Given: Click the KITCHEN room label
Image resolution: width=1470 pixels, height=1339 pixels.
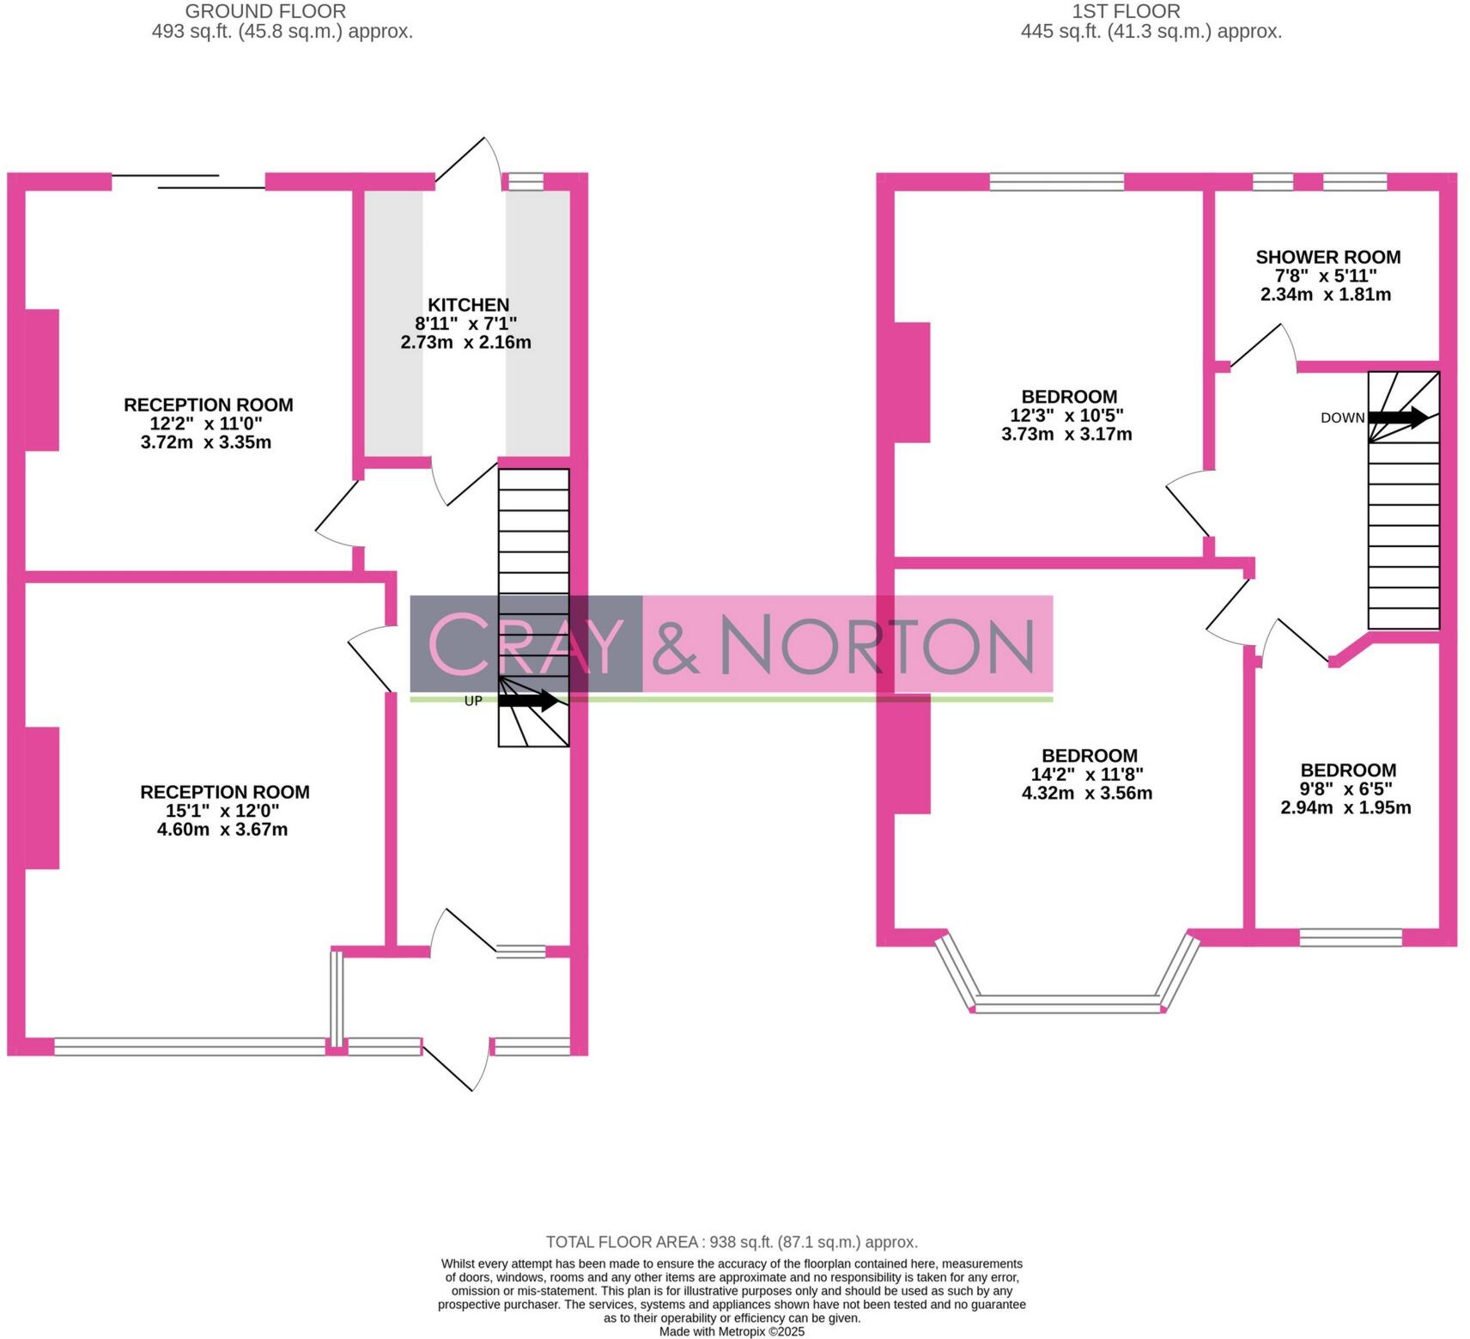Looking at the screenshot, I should coord(468,305).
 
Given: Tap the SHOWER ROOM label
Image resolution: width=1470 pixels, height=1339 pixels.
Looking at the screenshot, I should coord(1327,257).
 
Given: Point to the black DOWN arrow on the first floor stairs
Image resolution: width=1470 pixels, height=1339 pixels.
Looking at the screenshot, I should coord(1398,417).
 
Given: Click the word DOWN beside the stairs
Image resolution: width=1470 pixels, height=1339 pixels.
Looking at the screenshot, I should coord(1342,418).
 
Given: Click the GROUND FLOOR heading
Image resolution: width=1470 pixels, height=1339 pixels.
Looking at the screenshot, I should coord(265,12).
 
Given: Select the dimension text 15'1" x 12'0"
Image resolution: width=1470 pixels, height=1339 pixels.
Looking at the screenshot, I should coord(222,811).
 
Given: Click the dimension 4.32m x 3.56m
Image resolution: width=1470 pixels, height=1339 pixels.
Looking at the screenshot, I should coord(1086,793).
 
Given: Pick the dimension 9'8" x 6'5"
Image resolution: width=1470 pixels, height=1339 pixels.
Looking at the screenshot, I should coord(1345,788).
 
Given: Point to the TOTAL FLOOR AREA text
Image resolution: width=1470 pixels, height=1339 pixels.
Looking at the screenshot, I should coord(732,1242).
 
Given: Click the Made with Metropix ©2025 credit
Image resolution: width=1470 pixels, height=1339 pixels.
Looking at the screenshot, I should coord(732,1331).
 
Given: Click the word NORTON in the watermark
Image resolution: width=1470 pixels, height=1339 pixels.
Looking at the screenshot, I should coord(876,644).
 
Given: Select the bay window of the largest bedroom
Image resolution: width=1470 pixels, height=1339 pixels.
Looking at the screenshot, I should coord(1067,1001).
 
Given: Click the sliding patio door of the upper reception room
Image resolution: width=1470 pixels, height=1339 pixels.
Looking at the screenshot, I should coord(189,180).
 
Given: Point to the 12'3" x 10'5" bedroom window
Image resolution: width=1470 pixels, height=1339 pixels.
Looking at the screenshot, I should coord(1056,181).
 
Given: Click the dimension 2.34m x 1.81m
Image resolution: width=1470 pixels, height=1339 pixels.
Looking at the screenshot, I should coord(1325,295).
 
